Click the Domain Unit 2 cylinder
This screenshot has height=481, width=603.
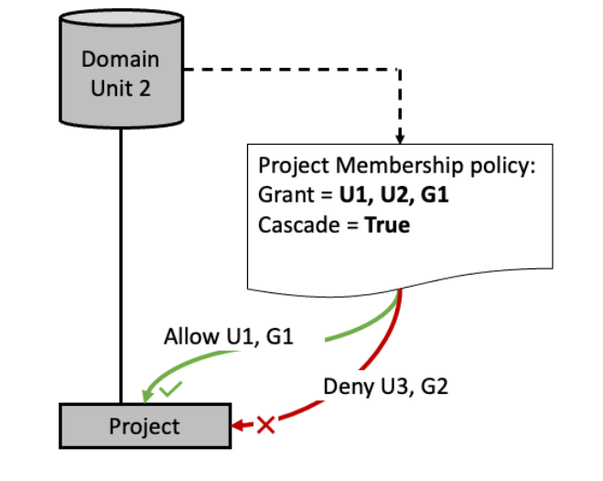(x=120, y=73)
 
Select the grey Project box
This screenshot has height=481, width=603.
(x=144, y=426)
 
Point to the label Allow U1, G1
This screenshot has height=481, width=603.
(x=228, y=337)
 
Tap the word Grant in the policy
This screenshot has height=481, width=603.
(x=285, y=196)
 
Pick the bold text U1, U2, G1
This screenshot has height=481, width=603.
(x=393, y=196)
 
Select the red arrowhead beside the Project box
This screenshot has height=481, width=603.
(x=238, y=425)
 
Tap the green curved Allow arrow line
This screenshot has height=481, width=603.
(x=348, y=330)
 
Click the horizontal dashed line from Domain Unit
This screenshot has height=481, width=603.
(x=293, y=71)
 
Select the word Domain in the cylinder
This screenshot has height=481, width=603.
(x=120, y=59)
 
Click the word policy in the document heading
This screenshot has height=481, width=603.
(x=493, y=167)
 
